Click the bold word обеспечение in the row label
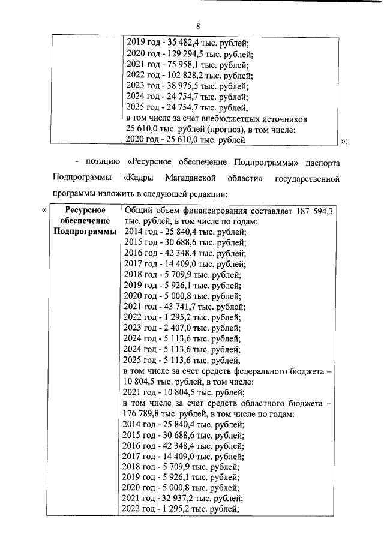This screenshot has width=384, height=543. click(82, 221)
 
